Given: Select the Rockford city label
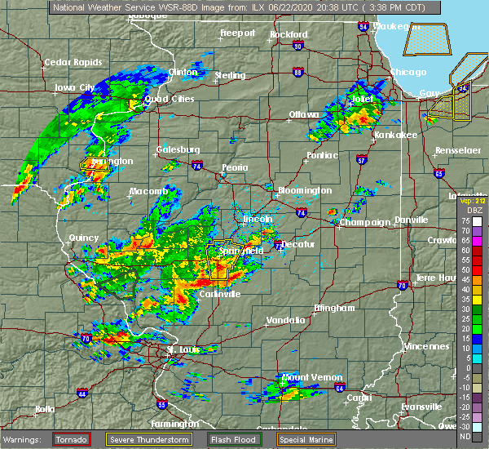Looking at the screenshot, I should (290, 34).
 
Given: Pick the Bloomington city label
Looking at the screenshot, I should (305, 190).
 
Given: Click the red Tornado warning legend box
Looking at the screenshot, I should (72, 439).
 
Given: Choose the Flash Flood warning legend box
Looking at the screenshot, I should (235, 439).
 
